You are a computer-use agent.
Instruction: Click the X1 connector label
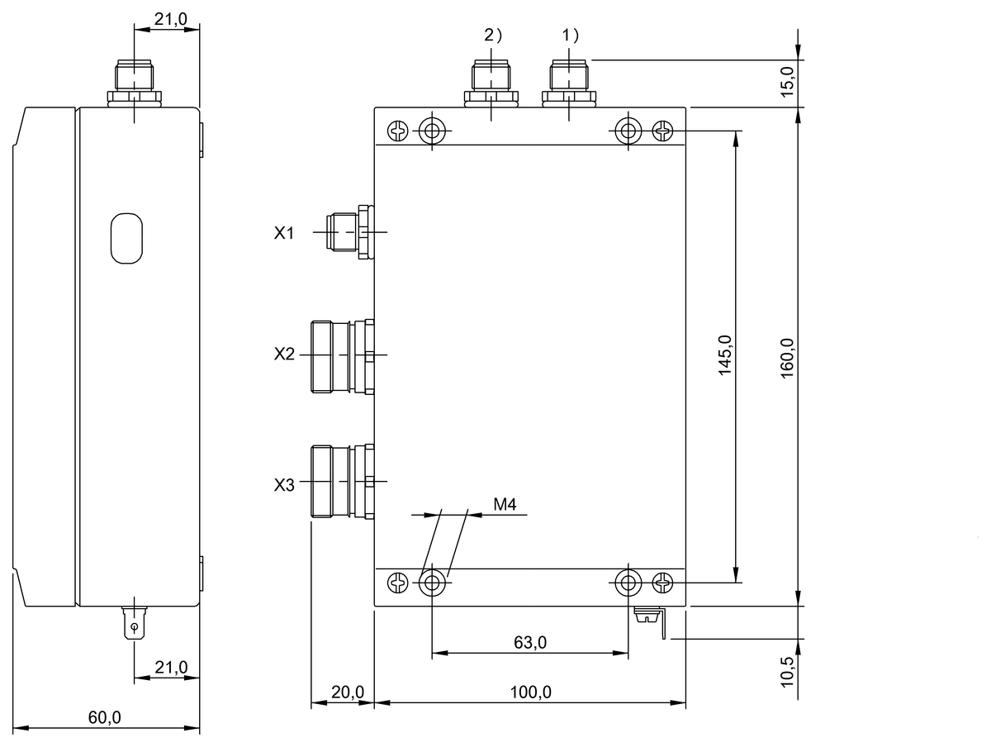pos(284,234)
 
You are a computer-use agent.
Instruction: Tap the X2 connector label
pos(284,354)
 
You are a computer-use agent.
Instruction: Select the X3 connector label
pos(284,485)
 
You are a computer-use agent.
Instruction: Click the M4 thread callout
pos(505,505)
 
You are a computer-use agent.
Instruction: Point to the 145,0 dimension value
pos(725,356)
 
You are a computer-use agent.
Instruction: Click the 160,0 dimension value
pos(787,356)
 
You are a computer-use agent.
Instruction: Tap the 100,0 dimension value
pos(529,692)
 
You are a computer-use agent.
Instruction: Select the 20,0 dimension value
pos(343,692)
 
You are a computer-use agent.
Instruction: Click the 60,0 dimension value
pos(105,717)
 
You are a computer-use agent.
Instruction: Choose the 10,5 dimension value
pos(787,668)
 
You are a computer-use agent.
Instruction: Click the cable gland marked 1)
pos(570,83)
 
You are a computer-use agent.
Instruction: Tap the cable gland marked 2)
pos(491,83)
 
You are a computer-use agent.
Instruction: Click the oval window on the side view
pos(126,238)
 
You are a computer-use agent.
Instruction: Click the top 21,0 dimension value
pos(170,18)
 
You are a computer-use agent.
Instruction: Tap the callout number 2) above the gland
pos(491,36)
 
